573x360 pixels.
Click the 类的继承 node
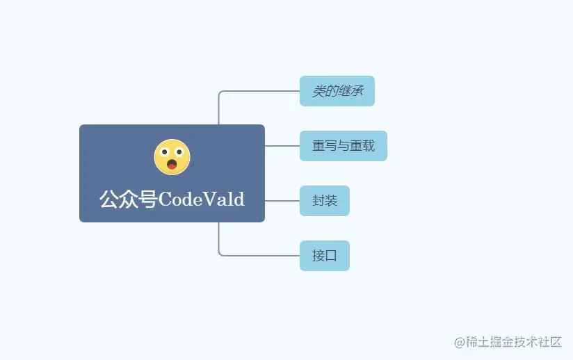pos(337,91)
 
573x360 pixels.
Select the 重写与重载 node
pos(343,146)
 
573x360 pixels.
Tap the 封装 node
pos(324,201)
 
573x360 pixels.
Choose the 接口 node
pos(324,256)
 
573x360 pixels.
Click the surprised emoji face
pos(172,156)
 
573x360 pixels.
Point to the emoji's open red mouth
pos(172,165)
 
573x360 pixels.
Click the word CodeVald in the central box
pos(202,199)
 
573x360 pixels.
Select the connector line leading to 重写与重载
pos(282,146)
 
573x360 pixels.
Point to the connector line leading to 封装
pos(282,201)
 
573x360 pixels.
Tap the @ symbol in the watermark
pos(459,341)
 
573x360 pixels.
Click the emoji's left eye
pos(166,154)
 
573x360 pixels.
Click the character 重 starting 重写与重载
pos(318,146)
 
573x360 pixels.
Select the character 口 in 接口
pos(331,256)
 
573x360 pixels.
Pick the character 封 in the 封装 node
pos(318,201)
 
